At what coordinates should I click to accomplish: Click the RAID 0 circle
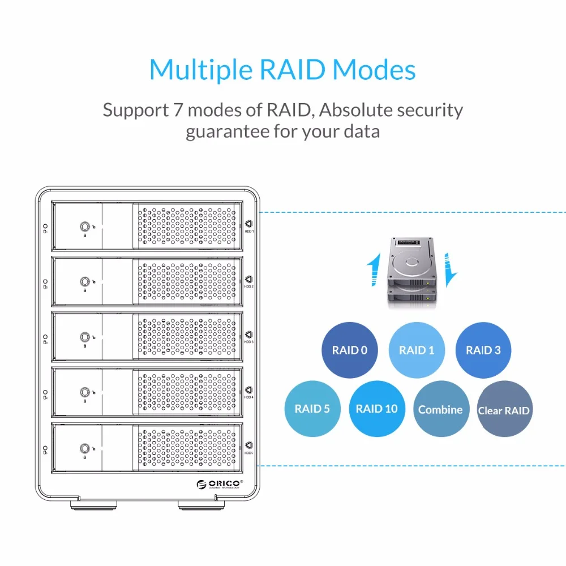[350, 350]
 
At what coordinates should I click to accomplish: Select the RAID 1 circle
[417, 350]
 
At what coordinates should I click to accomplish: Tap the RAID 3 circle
[483, 350]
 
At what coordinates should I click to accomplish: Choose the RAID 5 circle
[312, 409]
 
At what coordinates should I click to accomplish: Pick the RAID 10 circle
[377, 409]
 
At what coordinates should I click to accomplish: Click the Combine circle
[440, 409]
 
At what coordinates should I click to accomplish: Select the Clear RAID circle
[504, 410]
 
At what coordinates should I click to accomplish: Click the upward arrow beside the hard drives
[372, 271]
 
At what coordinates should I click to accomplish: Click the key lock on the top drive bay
[84, 226]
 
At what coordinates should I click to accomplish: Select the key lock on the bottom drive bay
[84, 448]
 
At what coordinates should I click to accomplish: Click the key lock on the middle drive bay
[84, 337]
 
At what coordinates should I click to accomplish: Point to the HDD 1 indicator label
[248, 231]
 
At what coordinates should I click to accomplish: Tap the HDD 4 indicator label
[248, 397]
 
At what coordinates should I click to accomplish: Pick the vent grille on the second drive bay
[187, 281]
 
